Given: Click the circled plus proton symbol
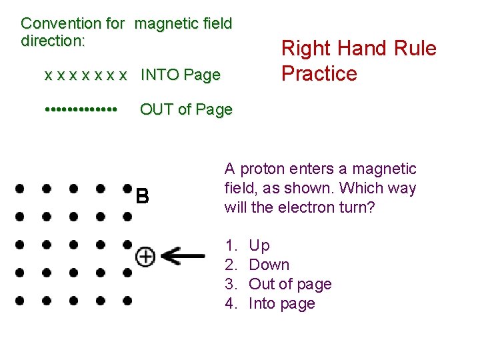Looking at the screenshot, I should click(x=145, y=255).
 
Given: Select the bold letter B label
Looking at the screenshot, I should click(x=142, y=197).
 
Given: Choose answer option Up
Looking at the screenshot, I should click(x=259, y=245).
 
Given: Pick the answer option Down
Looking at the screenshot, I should click(x=269, y=265).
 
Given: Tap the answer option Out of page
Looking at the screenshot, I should click(x=289, y=284).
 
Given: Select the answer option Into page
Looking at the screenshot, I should click(x=281, y=303).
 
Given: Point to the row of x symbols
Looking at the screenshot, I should click(x=85, y=75).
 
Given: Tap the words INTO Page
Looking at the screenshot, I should click(x=180, y=75).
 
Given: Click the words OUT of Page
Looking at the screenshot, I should click(x=186, y=109).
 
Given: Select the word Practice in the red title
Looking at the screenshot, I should click(x=319, y=73).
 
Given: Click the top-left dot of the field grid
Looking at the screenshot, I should click(x=19, y=189).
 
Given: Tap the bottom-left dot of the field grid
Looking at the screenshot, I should click(x=19, y=301).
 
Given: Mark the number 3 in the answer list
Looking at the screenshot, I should click(x=231, y=284).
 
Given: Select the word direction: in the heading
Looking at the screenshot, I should click(x=53, y=41).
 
